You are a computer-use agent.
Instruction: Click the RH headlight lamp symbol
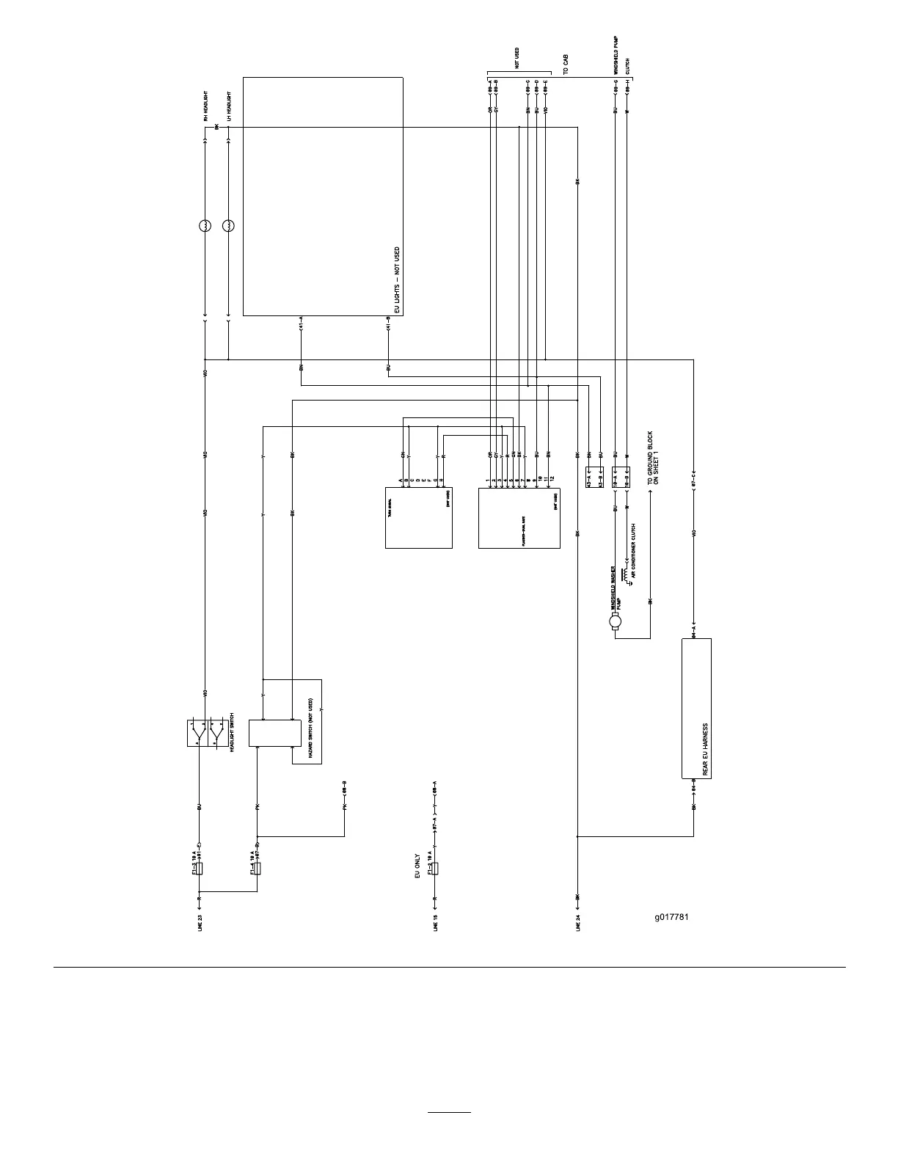pos(205,226)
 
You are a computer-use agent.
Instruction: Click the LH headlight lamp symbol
pos(228,226)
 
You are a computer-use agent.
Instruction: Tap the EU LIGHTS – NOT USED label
pos(397,281)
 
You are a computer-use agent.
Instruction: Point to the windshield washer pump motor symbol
pos(615,623)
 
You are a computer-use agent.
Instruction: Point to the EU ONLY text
pos(417,866)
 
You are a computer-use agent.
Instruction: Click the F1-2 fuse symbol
pos(436,869)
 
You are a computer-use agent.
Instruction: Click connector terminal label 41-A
pos(301,324)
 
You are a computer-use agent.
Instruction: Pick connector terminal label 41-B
pos(387,324)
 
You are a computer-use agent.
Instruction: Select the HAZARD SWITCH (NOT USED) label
pos(311,733)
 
